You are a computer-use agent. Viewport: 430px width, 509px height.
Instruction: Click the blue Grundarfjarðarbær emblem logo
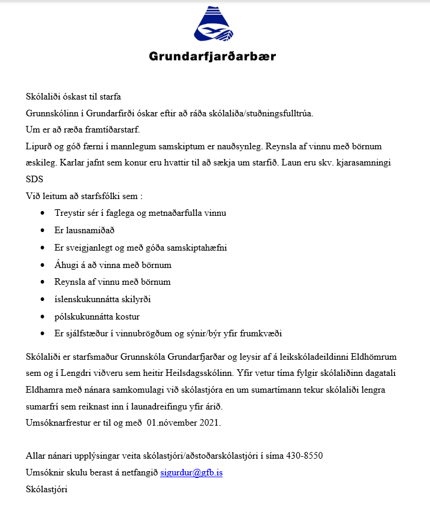click(x=213, y=27)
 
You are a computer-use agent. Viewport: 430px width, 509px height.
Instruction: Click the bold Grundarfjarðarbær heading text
click(x=212, y=57)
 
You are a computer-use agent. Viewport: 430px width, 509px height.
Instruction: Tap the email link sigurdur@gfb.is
click(x=191, y=472)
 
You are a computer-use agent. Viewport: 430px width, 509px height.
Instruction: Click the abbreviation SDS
click(x=35, y=179)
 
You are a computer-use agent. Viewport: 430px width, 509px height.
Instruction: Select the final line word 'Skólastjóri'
click(x=47, y=489)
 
